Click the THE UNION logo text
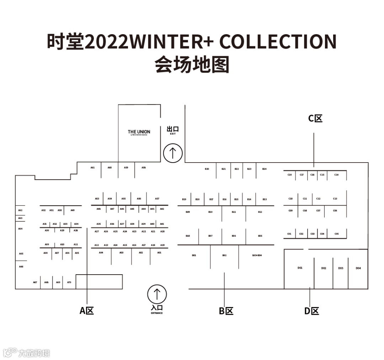139,132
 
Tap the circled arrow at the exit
173,153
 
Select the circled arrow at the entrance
157,294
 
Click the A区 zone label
87,311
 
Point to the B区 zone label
226,311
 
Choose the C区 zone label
315,118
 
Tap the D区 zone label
311,311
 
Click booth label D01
300,268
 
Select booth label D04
358,268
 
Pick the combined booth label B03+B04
257,255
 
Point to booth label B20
207,169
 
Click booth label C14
336,175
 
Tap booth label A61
92,168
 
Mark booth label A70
69,282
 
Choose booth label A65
21,254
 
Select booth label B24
264,169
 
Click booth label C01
289,234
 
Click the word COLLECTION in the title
278,42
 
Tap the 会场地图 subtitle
192,65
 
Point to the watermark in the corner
27,353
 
